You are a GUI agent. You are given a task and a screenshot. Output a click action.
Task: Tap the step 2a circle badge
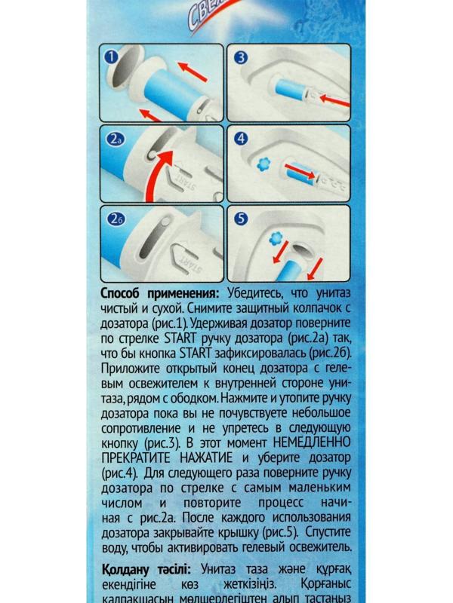click(x=115, y=140)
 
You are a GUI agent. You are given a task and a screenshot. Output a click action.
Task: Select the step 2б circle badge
click(x=115, y=219)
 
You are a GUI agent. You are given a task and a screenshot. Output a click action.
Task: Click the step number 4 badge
click(x=242, y=139)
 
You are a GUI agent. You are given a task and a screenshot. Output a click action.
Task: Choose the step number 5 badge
click(x=242, y=219)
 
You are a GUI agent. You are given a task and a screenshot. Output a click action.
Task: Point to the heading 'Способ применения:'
click(x=160, y=293)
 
